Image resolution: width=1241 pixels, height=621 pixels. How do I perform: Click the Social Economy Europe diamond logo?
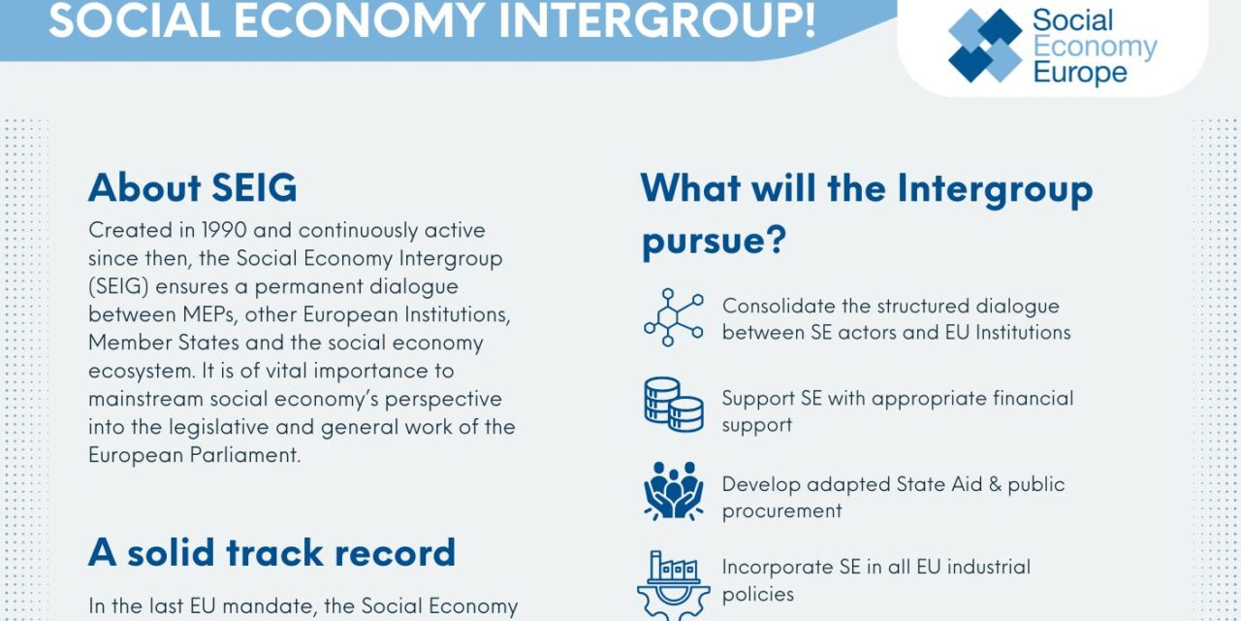pos(985,46)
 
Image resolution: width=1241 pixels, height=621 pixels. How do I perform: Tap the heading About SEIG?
pos(192,187)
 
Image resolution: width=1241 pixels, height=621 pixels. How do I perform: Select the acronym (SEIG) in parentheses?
pos(120,287)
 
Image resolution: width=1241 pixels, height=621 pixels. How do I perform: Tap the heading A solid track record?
pos(271,552)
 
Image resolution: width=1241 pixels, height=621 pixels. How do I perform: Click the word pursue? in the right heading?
pos(713,240)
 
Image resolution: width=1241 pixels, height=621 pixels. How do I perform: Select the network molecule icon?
pos(673,318)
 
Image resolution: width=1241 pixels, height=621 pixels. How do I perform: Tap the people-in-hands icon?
pos(673,491)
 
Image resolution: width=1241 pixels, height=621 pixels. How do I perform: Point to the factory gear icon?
pos(673,582)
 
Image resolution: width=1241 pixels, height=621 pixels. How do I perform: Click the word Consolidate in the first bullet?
pos(780,306)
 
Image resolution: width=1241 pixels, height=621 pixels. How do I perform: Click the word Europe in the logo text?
pos(1080,73)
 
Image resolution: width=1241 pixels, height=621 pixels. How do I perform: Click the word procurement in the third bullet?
pos(781,511)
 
